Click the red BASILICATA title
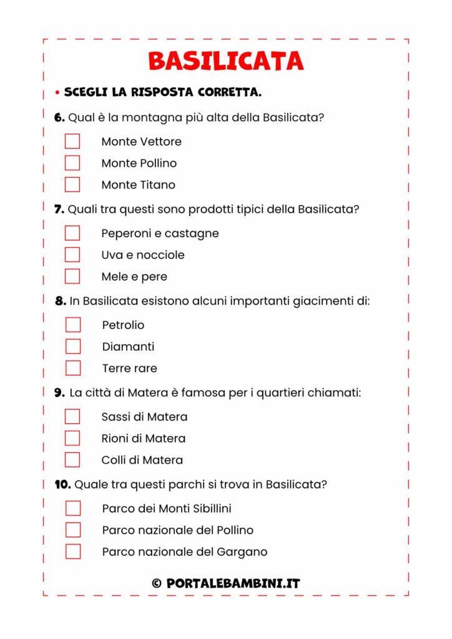coord(226,61)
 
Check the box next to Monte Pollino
coord(72,163)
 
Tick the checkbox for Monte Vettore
coord(72,141)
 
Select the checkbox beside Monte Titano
coord(72,185)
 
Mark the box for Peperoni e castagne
coord(72,233)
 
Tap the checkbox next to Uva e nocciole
coord(72,255)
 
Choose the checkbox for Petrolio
coord(73,324)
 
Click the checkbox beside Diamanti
coord(73,346)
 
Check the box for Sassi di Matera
coord(72,416)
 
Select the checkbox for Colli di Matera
coord(72,460)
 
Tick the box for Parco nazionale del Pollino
coord(73,530)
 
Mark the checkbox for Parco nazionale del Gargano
coord(73,552)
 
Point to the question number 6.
coord(59,117)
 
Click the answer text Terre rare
coord(129,368)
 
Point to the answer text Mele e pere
coord(134,276)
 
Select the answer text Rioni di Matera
coord(143,438)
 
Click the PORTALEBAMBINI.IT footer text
coord(233,584)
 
